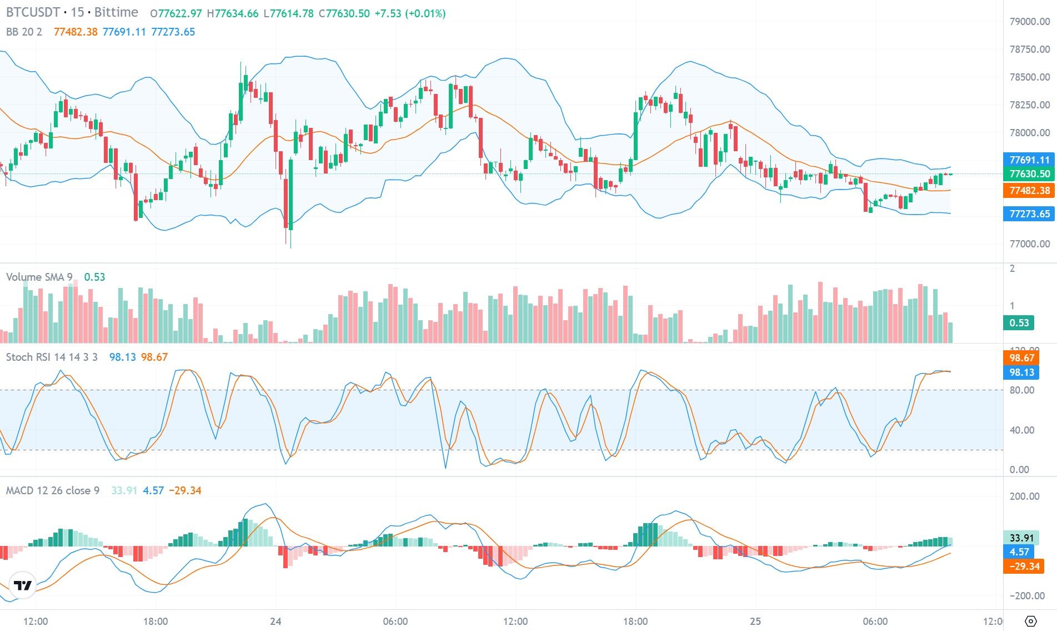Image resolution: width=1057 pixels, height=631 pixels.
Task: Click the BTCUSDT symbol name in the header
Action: pyautogui.click(x=33, y=12)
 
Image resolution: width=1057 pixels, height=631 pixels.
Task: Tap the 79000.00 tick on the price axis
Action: pyautogui.click(x=1029, y=22)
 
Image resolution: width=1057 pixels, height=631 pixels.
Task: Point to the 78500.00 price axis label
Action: pyautogui.click(x=1029, y=77)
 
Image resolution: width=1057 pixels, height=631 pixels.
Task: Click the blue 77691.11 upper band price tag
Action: pyautogui.click(x=1029, y=160)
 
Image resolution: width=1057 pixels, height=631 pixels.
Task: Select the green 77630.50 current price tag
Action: pyautogui.click(x=1029, y=174)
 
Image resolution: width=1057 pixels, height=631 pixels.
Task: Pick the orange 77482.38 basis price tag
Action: pyautogui.click(x=1029, y=191)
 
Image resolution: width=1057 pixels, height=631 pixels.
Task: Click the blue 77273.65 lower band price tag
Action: pyautogui.click(x=1029, y=214)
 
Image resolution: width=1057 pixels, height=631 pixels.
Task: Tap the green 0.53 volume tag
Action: pyautogui.click(x=1019, y=323)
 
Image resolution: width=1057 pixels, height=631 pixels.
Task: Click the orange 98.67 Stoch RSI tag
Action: pyautogui.click(x=1021, y=358)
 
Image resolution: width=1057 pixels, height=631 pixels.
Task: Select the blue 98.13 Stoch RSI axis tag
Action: pyautogui.click(x=1021, y=372)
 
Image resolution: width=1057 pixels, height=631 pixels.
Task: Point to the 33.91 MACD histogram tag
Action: pyautogui.click(x=1021, y=538)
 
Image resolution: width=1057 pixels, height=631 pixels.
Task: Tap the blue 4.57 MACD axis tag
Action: pyautogui.click(x=1019, y=552)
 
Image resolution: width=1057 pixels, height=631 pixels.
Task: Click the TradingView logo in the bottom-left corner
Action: pyautogui.click(x=23, y=585)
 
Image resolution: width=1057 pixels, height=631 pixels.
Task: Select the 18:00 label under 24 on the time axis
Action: pyautogui.click(x=635, y=621)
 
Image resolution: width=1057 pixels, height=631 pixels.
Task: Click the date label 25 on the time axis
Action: pyautogui.click(x=755, y=621)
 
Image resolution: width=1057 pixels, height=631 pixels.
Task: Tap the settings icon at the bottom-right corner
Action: pyautogui.click(x=1030, y=621)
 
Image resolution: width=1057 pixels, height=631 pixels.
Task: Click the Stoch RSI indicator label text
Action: pyautogui.click(x=52, y=357)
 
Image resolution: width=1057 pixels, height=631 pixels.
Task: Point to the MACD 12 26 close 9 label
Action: pyautogui.click(x=53, y=490)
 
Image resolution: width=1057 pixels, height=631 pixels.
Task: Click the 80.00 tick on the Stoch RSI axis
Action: pyautogui.click(x=1022, y=390)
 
